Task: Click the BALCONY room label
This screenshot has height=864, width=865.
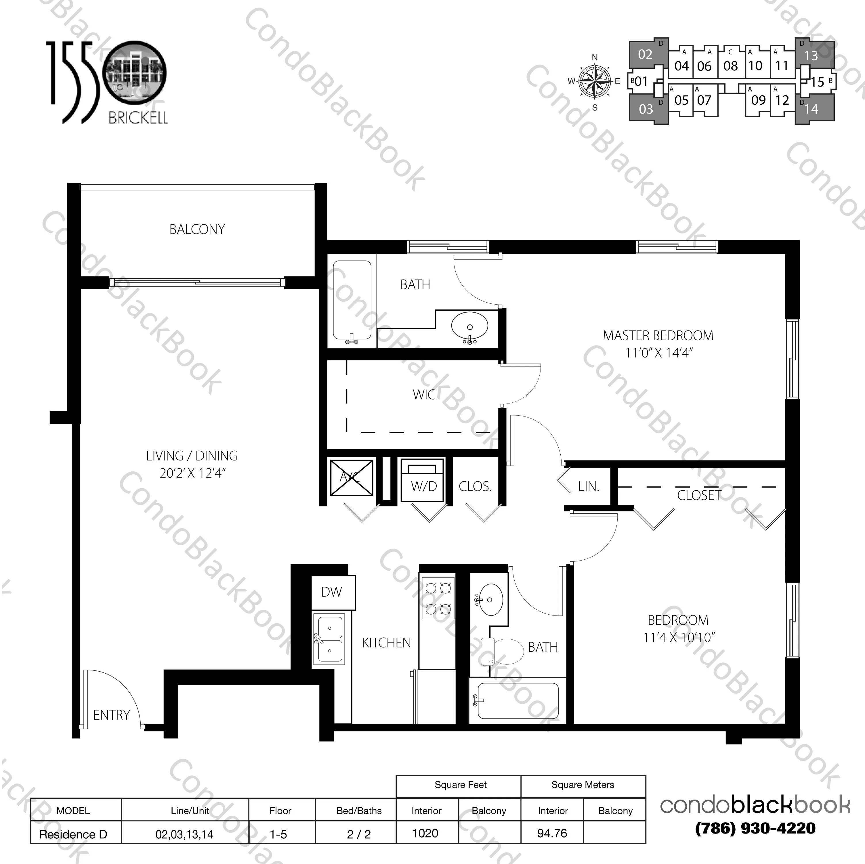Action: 197,229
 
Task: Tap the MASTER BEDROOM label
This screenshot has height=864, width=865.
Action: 658,335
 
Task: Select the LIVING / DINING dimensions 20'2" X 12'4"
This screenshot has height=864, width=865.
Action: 192,473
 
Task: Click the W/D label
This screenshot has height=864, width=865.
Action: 423,487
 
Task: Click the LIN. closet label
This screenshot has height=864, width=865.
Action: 588,487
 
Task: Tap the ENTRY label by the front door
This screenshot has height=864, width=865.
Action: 112,715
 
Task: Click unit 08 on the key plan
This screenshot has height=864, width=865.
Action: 730,66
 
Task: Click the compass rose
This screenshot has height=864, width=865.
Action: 595,82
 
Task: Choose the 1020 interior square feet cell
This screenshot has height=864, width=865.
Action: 425,833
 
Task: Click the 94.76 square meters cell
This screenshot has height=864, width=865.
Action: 552,833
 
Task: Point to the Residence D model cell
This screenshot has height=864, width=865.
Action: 73,834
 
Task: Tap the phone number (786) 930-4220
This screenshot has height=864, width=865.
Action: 755,828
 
